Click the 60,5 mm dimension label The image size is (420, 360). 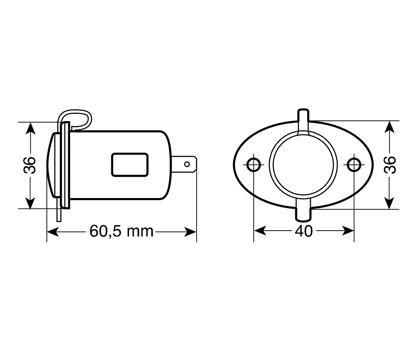coord(121,231)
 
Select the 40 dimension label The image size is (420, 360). coord(304,231)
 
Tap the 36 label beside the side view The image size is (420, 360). coord(30,165)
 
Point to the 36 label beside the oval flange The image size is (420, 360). coord(390,165)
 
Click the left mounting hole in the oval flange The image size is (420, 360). coord(253,165)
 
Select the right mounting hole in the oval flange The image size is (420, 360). coord(354,165)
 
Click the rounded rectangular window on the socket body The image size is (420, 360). coord(130,165)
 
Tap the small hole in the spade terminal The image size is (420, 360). coord(187,164)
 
